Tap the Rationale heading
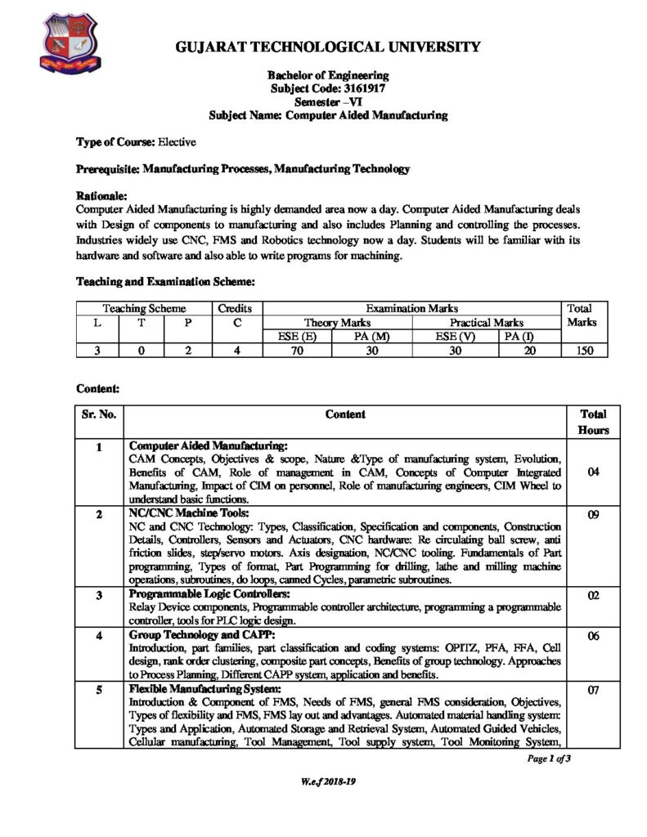pyautogui.click(x=101, y=197)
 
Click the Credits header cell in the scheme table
pyautogui.click(x=235, y=308)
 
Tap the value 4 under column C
pyautogui.click(x=235, y=351)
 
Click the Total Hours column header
pyautogui.click(x=592, y=422)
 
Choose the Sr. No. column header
pyautogui.click(x=99, y=414)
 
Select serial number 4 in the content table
pyautogui.click(x=99, y=634)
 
